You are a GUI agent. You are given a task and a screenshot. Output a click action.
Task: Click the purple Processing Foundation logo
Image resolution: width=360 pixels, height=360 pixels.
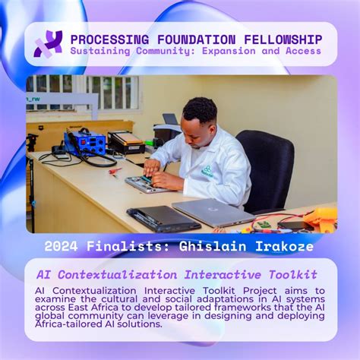click(x=48, y=43)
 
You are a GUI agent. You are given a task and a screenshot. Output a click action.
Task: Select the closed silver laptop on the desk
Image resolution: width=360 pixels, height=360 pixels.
click(x=211, y=212)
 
